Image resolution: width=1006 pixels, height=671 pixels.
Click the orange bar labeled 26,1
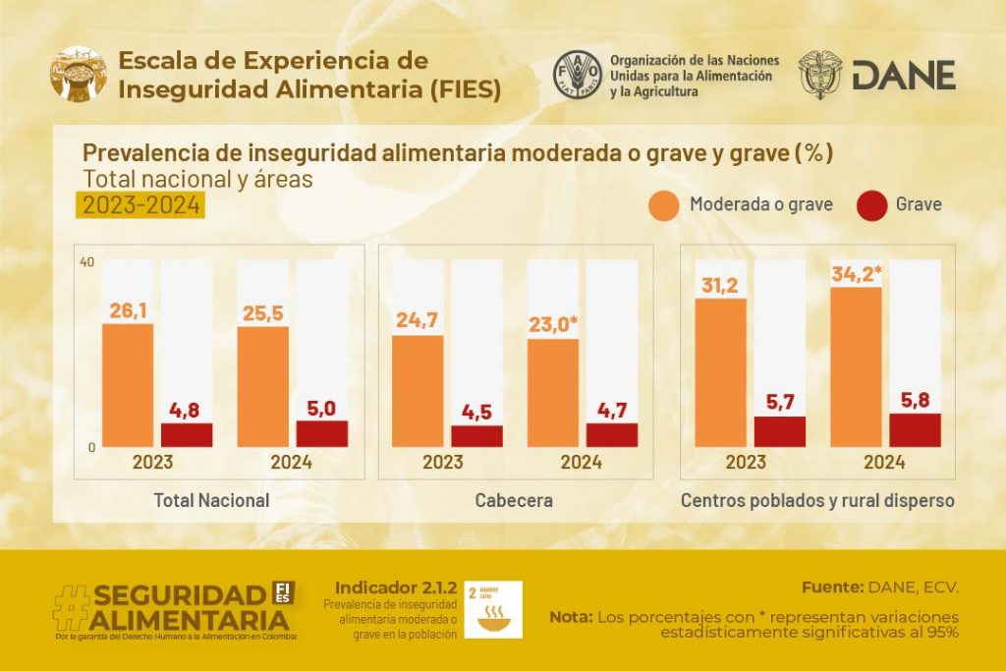click(x=128, y=385)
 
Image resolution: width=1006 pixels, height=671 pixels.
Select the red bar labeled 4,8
click(x=187, y=435)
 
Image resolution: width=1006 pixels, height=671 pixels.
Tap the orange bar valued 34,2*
click(x=856, y=366)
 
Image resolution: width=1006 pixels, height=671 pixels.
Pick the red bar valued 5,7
click(x=780, y=431)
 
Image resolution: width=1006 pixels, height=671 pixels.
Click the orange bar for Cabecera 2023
click(x=418, y=391)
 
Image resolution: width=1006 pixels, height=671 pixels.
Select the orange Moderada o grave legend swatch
click(x=664, y=205)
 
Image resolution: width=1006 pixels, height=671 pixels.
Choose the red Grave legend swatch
click(x=871, y=205)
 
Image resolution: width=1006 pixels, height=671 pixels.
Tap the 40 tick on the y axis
click(x=87, y=262)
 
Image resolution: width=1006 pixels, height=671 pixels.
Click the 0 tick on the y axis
click(x=90, y=447)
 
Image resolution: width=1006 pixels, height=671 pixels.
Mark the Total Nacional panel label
click(x=211, y=500)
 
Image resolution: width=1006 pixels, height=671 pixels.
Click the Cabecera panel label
click(x=514, y=500)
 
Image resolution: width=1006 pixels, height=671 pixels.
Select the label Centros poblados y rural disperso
click(x=817, y=500)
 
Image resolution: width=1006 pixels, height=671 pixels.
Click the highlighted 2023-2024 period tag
click(x=141, y=205)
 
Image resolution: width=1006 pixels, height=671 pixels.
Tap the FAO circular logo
click(x=577, y=74)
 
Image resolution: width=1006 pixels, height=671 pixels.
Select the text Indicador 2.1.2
click(x=396, y=587)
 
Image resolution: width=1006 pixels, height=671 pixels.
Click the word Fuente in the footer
click(x=831, y=587)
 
